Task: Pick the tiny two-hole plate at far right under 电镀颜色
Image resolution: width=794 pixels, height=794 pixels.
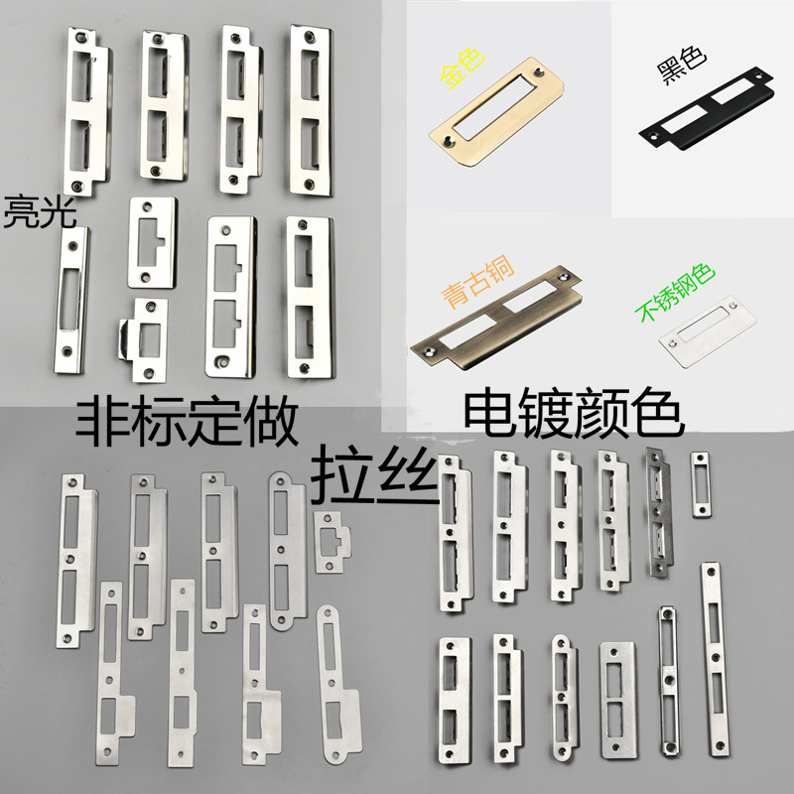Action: point(701,483)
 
